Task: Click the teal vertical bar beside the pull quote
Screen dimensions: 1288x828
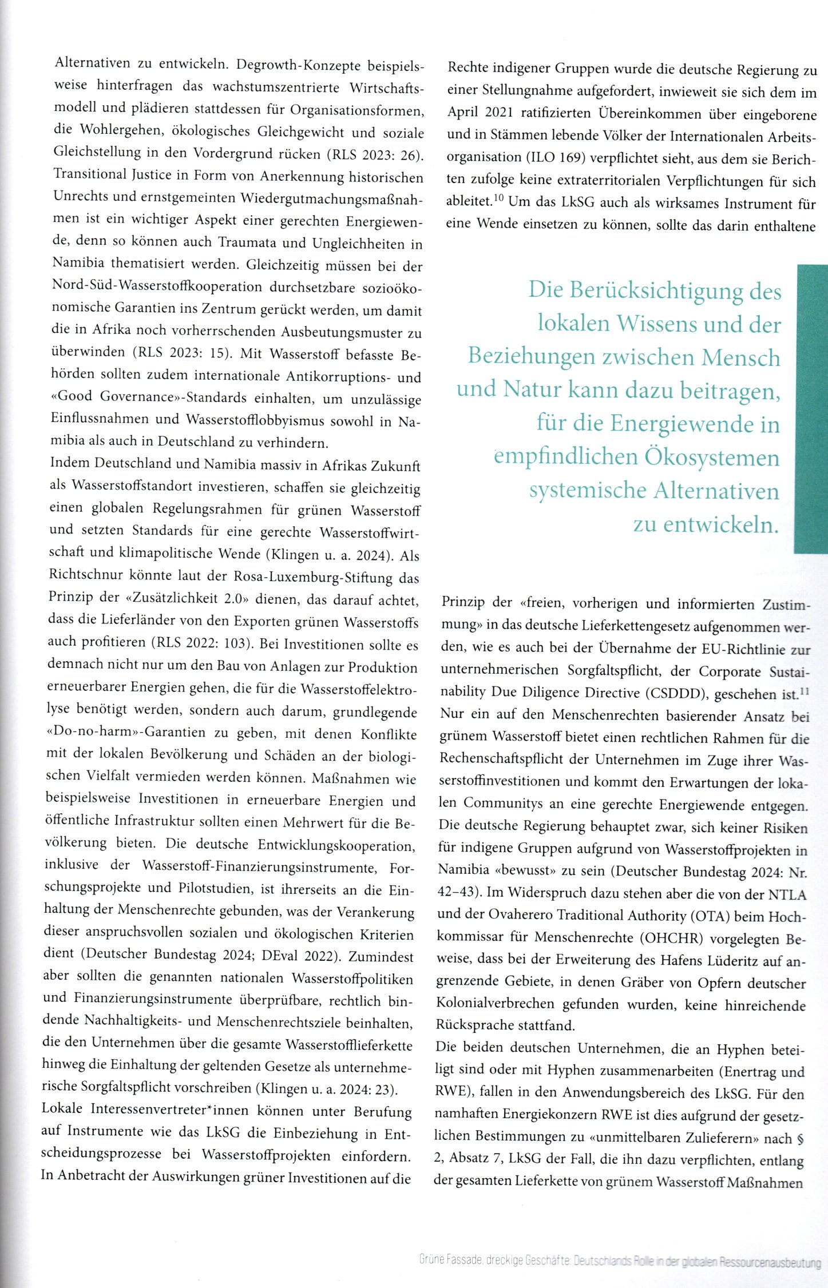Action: click(810, 408)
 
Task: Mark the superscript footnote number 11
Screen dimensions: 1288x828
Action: click(805, 691)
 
